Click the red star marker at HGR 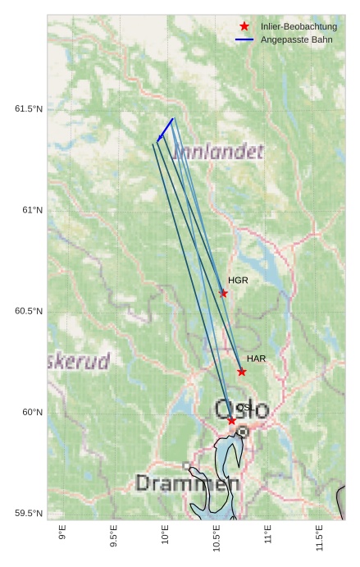tap(224, 293)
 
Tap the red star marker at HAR tap(242, 372)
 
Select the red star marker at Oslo tap(232, 421)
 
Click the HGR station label tap(238, 281)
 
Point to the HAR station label tap(256, 359)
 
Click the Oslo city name tap(241, 409)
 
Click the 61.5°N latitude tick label tap(29, 109)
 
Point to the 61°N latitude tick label tap(32, 210)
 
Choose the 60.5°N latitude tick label tap(29, 311)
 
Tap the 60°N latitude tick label tap(32, 412)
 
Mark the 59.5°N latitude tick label tap(29, 514)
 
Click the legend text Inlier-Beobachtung tap(298, 27)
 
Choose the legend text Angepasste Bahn tap(296, 39)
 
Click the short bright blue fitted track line tap(165, 129)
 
